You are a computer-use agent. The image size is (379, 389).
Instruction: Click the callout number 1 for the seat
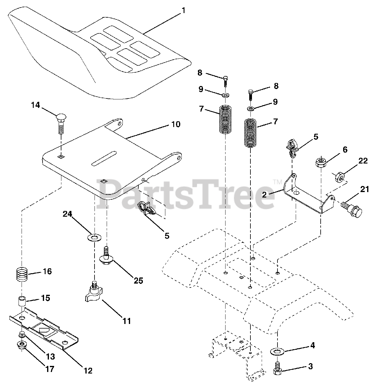point(183,11)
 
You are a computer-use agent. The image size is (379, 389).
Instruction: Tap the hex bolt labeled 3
point(277,368)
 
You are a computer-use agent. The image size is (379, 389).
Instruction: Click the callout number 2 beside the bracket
point(264,194)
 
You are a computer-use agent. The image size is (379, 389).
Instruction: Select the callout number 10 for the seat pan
point(175,124)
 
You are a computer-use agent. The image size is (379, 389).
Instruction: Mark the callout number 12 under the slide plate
point(88,370)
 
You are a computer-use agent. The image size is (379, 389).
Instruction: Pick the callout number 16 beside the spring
point(47,271)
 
